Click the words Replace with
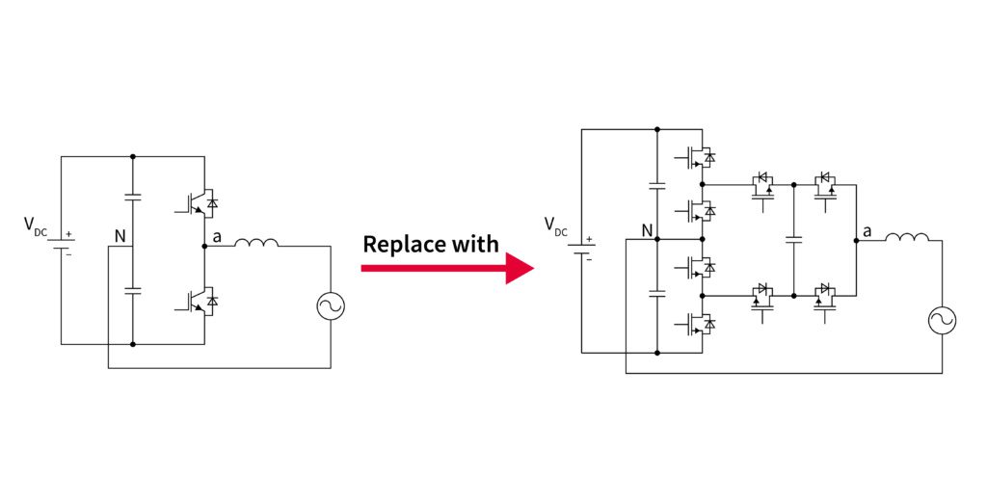click(x=430, y=244)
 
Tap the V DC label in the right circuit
click(x=556, y=225)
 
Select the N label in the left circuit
click(x=120, y=236)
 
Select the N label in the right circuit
click(x=648, y=231)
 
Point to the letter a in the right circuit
click(x=867, y=231)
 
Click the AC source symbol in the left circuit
click(x=331, y=306)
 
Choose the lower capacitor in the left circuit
click(x=132, y=290)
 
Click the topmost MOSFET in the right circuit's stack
click(x=700, y=157)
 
